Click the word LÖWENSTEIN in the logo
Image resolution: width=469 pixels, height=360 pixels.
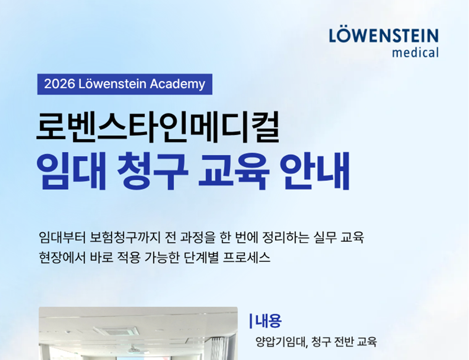tap(384, 36)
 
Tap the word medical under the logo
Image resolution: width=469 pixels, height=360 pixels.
tap(415, 52)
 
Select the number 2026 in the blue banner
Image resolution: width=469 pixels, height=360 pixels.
tap(59, 84)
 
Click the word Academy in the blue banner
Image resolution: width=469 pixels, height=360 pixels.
tap(177, 84)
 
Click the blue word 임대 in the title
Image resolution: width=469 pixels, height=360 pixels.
tap(71, 171)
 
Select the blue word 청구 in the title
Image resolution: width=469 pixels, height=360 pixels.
tap(153, 171)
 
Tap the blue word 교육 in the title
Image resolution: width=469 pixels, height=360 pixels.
tap(234, 171)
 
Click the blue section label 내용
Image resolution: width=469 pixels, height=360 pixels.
tap(268, 321)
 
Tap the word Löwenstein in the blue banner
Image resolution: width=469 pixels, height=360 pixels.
tap(113, 84)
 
